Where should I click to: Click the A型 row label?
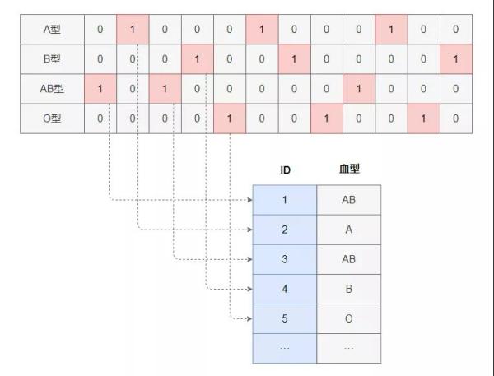pyautogui.click(x=52, y=30)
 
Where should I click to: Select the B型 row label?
pyautogui.click(x=52, y=59)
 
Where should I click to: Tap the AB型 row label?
pyautogui.click(x=52, y=89)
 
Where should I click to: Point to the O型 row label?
pyautogui.click(x=52, y=118)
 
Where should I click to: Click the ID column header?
pyautogui.click(x=285, y=170)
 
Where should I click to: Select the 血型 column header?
pyautogui.click(x=349, y=169)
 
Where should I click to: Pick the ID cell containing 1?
pyautogui.click(x=285, y=200)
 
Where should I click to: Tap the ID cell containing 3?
pyautogui.click(x=285, y=259)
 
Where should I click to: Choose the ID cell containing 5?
pyautogui.click(x=285, y=318)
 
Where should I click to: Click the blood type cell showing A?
pyautogui.click(x=349, y=230)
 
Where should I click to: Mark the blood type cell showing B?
pyautogui.click(x=349, y=289)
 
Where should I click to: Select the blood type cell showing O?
pyautogui.click(x=349, y=318)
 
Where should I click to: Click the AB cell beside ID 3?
pyautogui.click(x=349, y=259)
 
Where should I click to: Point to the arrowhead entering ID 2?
pyautogui.click(x=250, y=230)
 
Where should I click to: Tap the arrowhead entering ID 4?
pyautogui.click(x=250, y=289)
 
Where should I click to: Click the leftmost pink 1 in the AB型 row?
pyautogui.click(x=100, y=89)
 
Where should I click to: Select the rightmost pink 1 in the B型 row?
pyautogui.click(x=456, y=59)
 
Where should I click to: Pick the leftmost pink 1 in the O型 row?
pyautogui.click(x=230, y=118)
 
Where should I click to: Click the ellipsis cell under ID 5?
pyautogui.click(x=285, y=348)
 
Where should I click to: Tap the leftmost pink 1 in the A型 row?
pyautogui.click(x=133, y=30)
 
